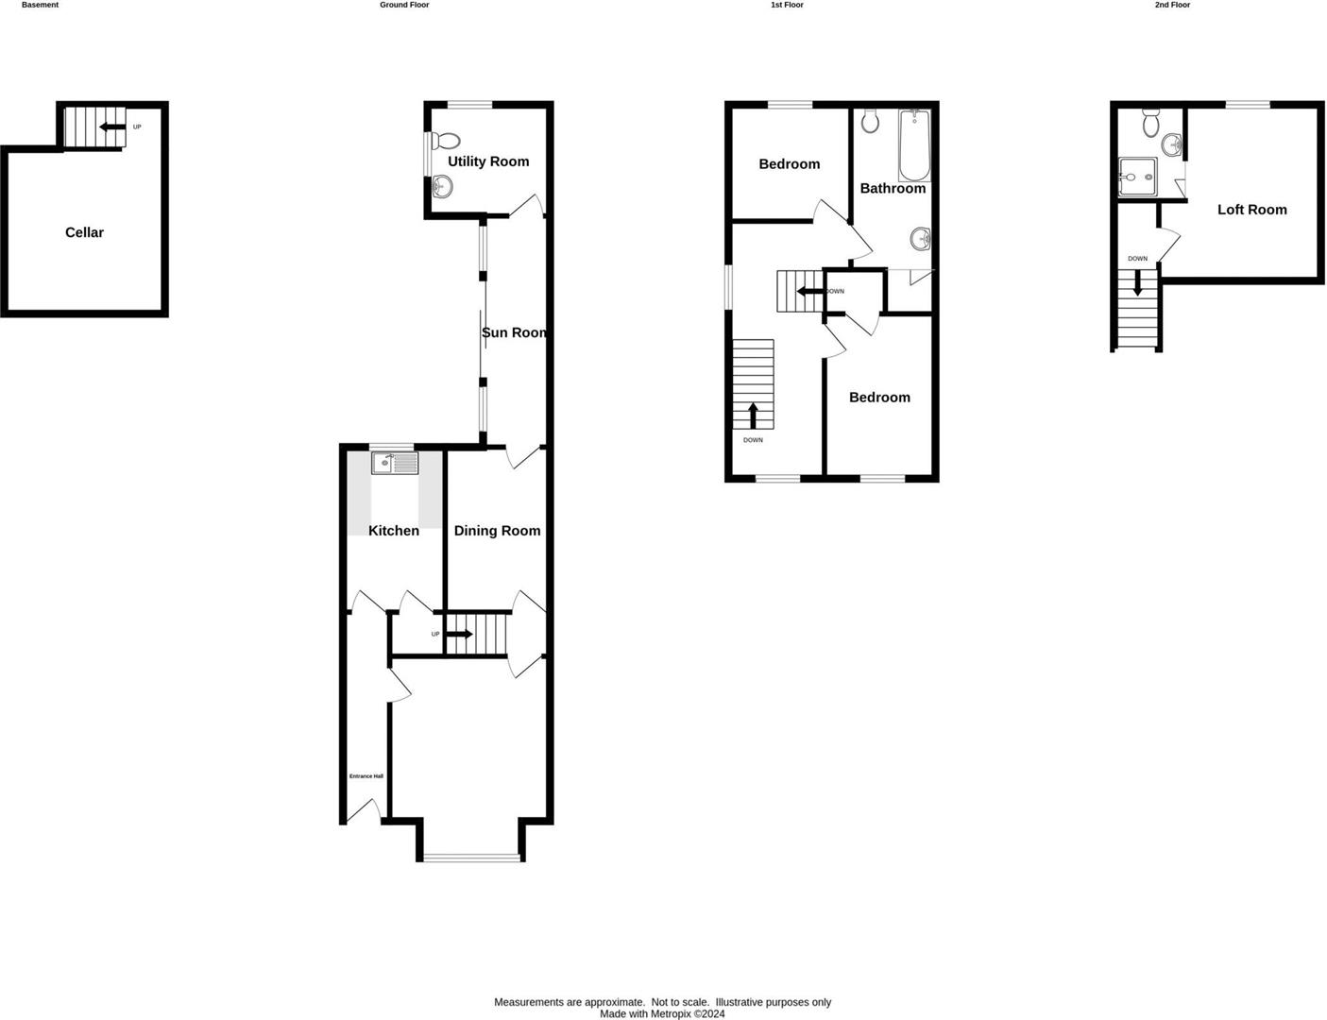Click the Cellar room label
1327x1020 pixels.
pyautogui.click(x=84, y=232)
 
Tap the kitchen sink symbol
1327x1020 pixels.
pyautogui.click(x=395, y=464)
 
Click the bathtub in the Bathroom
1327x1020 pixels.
pyautogui.click(x=914, y=145)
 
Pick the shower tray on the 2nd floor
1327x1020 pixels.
pyautogui.click(x=1137, y=177)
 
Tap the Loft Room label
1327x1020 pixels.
pyautogui.click(x=1251, y=210)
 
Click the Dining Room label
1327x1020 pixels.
pyautogui.click(x=497, y=531)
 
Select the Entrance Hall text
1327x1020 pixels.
pyautogui.click(x=366, y=776)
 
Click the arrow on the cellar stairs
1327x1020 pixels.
pyautogui.click(x=112, y=127)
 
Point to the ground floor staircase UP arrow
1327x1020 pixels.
pyautogui.click(x=460, y=634)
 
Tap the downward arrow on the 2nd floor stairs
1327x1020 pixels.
pyautogui.click(x=1137, y=283)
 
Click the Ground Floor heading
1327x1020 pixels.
pyautogui.click(x=404, y=5)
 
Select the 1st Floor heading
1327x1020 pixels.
pyautogui.click(x=787, y=5)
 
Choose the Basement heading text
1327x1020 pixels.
pyautogui.click(x=40, y=5)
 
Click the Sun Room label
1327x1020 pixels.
pyautogui.click(x=515, y=332)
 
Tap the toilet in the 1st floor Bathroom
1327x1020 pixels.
pyautogui.click(x=871, y=121)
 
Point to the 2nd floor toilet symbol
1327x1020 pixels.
pyautogui.click(x=1150, y=123)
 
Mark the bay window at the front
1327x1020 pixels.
pyautogui.click(x=471, y=858)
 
